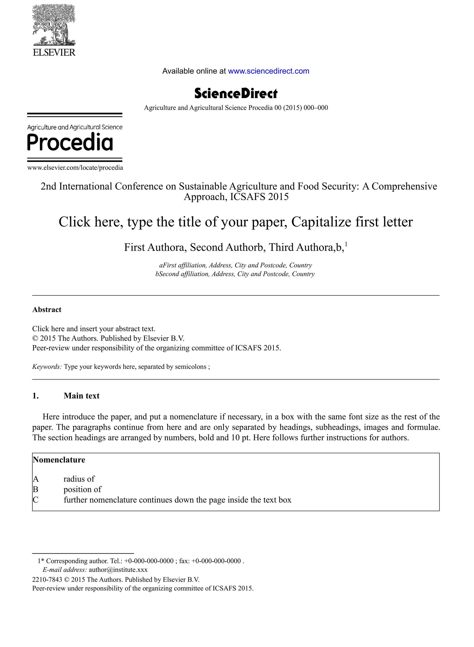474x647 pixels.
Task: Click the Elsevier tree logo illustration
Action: click(x=54, y=25)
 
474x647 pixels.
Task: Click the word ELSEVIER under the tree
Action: click(x=54, y=53)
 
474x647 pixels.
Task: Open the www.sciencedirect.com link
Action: click(x=268, y=71)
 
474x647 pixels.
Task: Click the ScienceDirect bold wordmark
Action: click(x=236, y=93)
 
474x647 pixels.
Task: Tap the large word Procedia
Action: click(x=70, y=142)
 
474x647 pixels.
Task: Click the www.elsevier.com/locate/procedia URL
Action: click(x=75, y=168)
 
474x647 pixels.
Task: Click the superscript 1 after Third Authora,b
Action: click(x=346, y=244)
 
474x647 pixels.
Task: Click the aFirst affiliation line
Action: click(x=235, y=265)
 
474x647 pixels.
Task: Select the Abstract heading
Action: click(x=47, y=310)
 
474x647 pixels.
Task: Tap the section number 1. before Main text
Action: click(x=36, y=396)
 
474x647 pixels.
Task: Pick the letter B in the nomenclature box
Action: click(x=36, y=489)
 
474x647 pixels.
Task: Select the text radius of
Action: click(x=79, y=479)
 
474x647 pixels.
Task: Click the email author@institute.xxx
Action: click(x=118, y=570)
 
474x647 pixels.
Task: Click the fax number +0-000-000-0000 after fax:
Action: click(x=216, y=561)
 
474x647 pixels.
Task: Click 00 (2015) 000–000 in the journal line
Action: click(x=301, y=108)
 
